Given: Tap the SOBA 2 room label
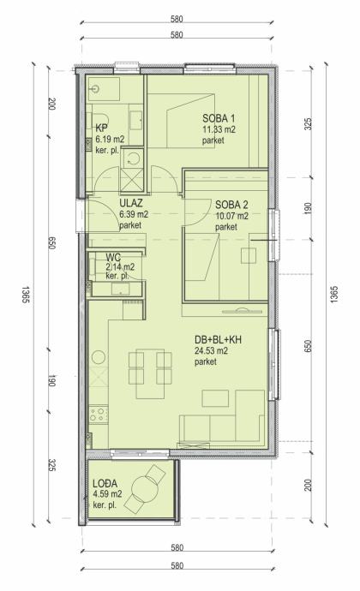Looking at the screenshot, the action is (x=231, y=205).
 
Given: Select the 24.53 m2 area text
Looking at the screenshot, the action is (x=211, y=351).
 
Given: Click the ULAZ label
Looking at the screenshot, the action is (x=131, y=203).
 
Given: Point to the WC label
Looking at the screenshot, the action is (x=113, y=258).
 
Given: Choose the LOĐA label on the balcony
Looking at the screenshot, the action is (x=105, y=483).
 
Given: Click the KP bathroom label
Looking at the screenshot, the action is (x=101, y=128).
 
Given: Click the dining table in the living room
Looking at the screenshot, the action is (x=150, y=373).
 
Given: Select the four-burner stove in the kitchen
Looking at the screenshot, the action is (x=98, y=415).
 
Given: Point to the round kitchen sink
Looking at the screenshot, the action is (x=99, y=357).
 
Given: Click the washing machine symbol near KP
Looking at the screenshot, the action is (x=132, y=158).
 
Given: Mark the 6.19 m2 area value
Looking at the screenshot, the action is (x=110, y=140).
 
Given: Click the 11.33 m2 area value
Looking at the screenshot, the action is (x=219, y=129).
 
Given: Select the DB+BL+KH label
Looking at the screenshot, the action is (x=218, y=339).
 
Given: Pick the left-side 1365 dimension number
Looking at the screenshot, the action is (x=26, y=295).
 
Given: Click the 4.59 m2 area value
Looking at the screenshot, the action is (x=107, y=494).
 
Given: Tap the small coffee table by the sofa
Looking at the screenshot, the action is (x=215, y=398).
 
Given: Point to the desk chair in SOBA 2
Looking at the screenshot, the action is (x=249, y=255).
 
